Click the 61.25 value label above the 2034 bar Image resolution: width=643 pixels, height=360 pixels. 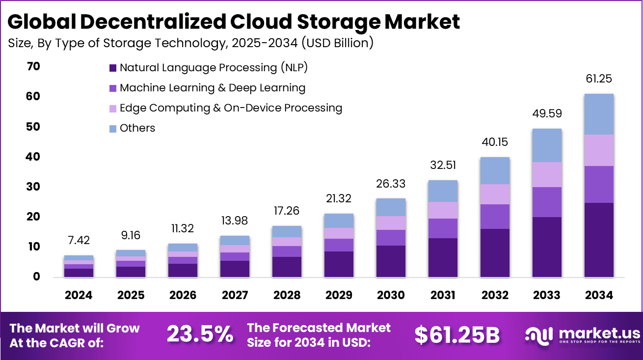coord(598,79)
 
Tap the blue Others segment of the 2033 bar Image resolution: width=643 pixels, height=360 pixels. coord(546,145)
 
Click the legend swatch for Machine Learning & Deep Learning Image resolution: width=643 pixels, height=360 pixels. coord(113,88)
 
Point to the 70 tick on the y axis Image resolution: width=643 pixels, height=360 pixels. coord(33,67)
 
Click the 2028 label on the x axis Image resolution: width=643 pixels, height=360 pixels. coord(287,295)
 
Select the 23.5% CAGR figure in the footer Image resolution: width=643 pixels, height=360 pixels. coord(200,335)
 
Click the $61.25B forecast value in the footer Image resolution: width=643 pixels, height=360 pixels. coord(456,335)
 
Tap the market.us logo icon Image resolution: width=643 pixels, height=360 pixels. coord(538,335)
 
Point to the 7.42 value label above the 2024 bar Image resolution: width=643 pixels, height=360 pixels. coord(79,241)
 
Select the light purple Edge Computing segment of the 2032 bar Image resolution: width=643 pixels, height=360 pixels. coord(495,194)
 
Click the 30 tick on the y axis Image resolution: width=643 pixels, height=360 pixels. coord(33,187)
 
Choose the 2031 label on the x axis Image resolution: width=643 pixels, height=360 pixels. coord(442,295)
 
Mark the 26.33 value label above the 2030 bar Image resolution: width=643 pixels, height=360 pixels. coord(391,183)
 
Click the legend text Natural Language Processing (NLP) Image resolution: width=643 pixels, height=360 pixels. coord(214,68)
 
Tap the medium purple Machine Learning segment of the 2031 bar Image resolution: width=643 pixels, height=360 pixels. coord(443,228)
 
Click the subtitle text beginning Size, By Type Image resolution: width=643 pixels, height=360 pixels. coord(190,43)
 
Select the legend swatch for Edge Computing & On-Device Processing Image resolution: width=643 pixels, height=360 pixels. coord(113,109)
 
